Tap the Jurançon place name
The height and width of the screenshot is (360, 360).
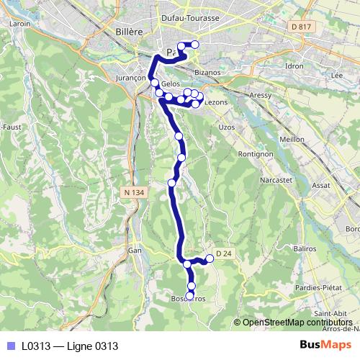pos(130,77)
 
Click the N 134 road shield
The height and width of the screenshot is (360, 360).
pos(134,192)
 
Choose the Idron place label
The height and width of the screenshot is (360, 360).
pos(295,66)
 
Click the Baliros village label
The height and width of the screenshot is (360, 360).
pos(305,248)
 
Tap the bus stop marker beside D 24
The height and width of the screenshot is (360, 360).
pos(210,258)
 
